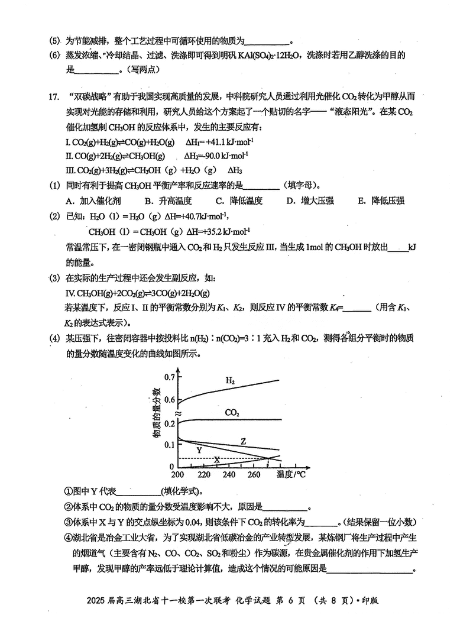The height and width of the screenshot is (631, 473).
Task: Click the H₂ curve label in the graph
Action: click(230, 381)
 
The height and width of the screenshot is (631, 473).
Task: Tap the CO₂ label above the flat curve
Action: click(232, 412)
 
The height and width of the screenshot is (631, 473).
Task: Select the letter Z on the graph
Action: click(243, 442)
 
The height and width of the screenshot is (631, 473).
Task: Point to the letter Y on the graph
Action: click(199, 450)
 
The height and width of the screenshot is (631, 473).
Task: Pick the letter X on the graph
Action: click(216, 460)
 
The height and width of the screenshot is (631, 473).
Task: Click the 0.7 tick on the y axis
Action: click(169, 377)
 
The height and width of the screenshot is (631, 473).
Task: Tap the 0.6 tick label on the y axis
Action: click(169, 400)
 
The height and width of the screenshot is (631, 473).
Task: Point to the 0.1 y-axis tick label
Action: click(169, 445)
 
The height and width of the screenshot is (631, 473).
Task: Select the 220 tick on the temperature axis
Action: click(203, 474)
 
